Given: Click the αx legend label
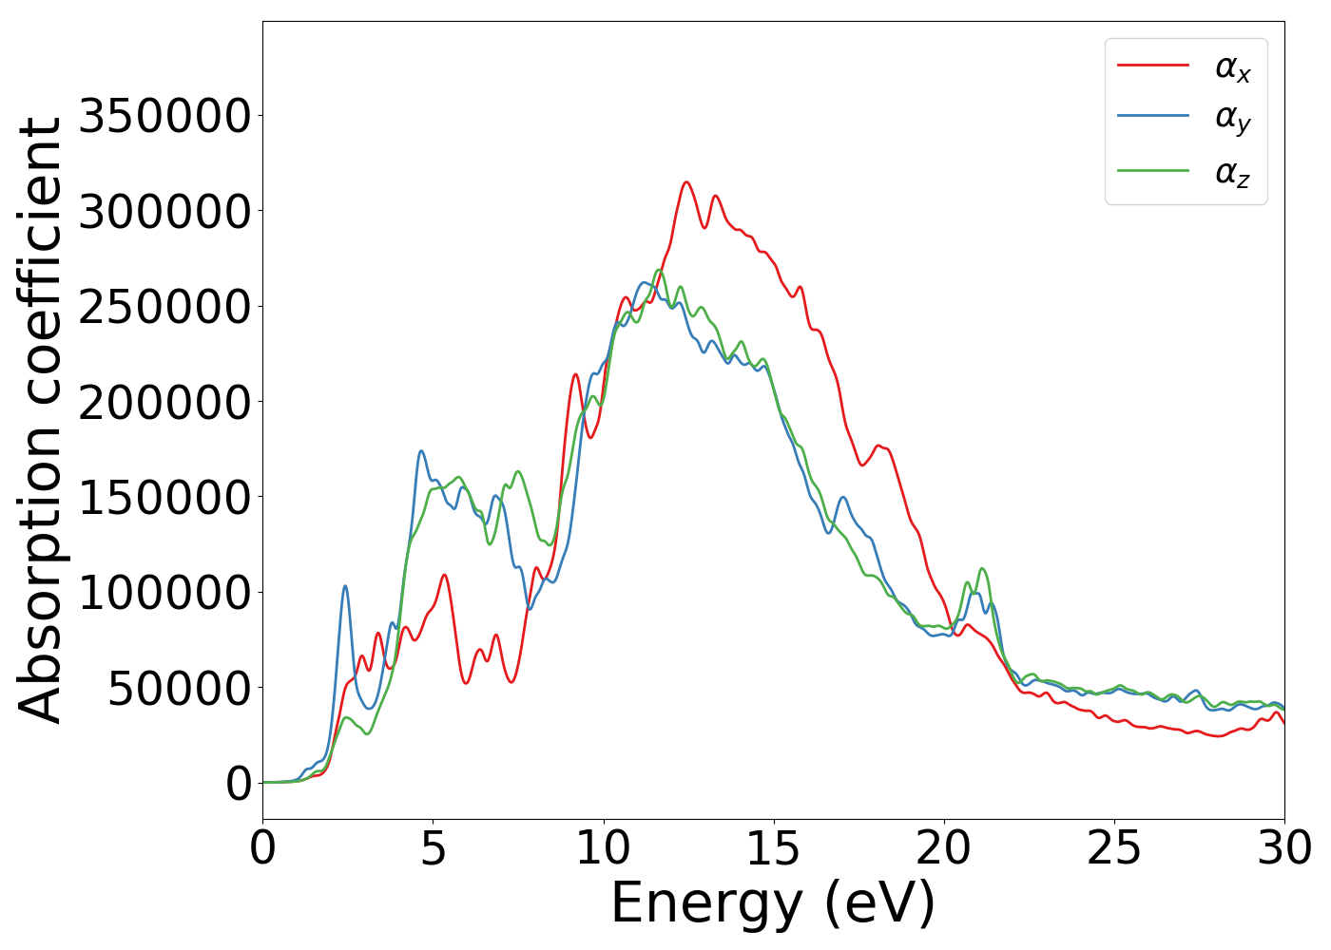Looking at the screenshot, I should (x=1232, y=67).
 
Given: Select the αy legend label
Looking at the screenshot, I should (x=1232, y=120).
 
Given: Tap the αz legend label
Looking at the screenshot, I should (x=1232, y=173).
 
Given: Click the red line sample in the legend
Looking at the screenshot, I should (x=1152, y=65).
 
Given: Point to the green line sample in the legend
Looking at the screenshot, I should (x=1152, y=170).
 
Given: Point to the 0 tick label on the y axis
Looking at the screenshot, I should (x=239, y=784).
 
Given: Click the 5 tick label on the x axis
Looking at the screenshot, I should (x=433, y=848).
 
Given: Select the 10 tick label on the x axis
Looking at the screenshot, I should (x=603, y=848).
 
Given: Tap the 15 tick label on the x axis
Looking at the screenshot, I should (x=773, y=848).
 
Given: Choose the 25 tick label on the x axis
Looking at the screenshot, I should (x=1113, y=848).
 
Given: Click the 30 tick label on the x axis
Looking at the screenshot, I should (x=1283, y=848).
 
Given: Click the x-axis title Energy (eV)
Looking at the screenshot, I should (x=773, y=903).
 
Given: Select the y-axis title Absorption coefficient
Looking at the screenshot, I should (x=41, y=420).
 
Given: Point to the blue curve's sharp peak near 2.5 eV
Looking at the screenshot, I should (x=345, y=586).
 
